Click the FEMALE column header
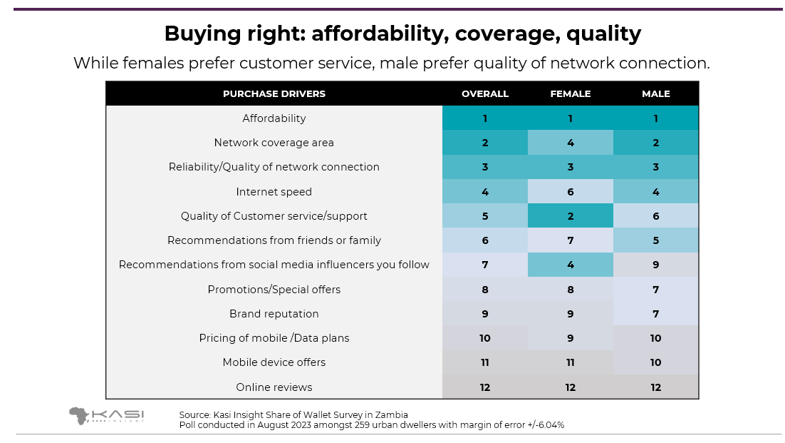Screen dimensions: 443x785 coord(570,93)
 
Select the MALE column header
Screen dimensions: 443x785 coord(655,93)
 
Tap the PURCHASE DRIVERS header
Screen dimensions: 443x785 coord(274,93)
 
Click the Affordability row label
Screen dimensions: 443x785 coord(274,118)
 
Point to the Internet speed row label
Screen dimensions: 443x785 coord(274,192)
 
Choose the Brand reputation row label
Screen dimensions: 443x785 coord(274,314)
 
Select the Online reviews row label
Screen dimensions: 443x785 coord(274,387)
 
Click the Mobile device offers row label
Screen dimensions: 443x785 coord(274,362)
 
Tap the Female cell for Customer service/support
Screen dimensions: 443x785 coord(570,216)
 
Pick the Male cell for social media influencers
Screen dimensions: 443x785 coord(655,265)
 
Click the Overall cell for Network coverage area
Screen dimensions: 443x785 coord(485,143)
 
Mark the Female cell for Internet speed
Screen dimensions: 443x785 coord(570,192)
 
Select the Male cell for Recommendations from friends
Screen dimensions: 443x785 coord(655,240)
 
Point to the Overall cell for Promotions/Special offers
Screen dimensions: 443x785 coord(485,290)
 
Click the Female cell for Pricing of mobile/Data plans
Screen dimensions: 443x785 coord(570,338)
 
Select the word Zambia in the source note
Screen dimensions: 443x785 coord(390,414)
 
